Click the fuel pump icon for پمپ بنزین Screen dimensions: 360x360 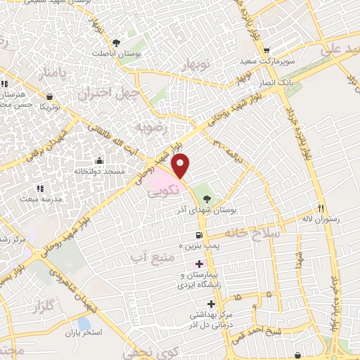click(200, 235)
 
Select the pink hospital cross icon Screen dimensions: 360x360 click(200, 263)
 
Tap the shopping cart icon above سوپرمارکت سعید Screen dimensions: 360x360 click(266, 51)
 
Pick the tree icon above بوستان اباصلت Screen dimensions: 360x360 click(116, 42)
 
